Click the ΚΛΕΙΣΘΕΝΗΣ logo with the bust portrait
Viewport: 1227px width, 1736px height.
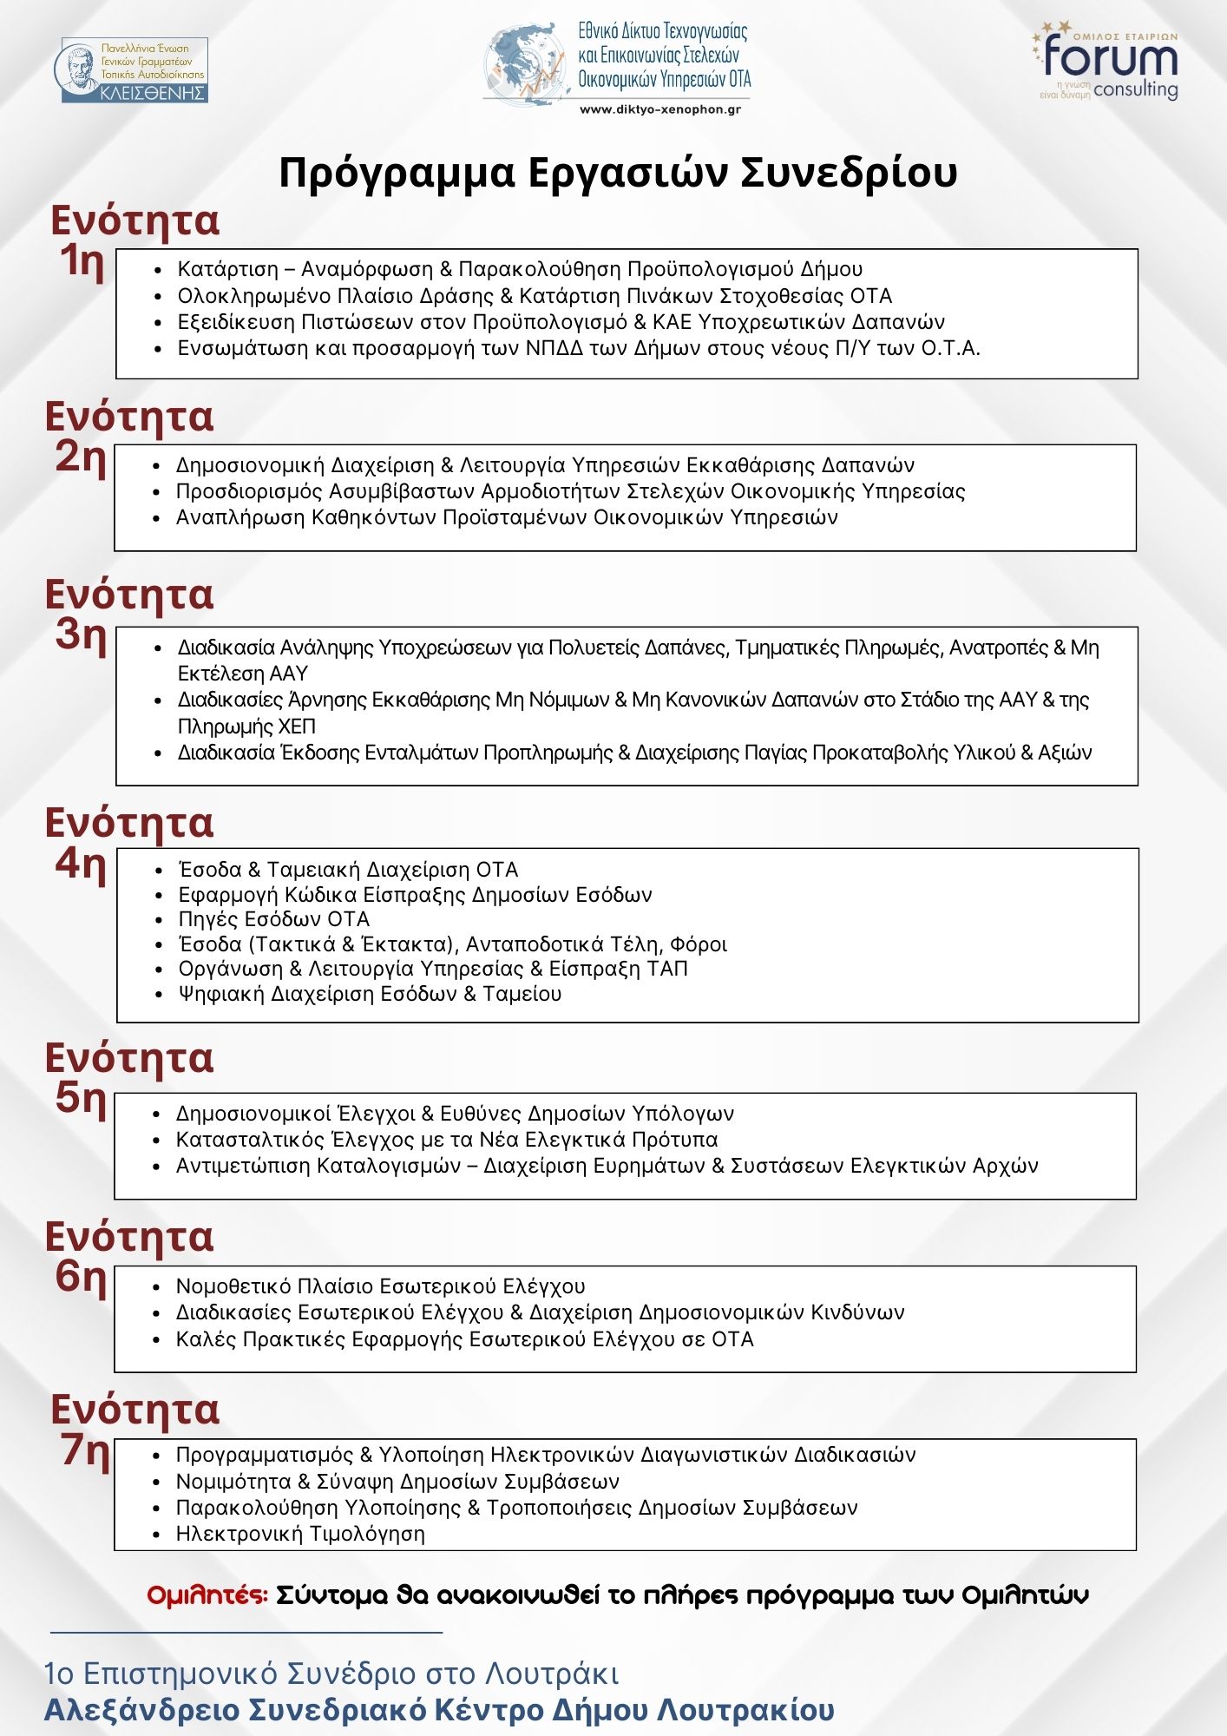click(x=135, y=70)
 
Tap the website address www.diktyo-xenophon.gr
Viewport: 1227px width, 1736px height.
click(x=659, y=109)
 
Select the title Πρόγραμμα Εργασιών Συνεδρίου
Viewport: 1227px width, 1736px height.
click(x=618, y=172)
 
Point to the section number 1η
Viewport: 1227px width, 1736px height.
click(x=82, y=260)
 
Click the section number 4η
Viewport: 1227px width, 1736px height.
click(x=81, y=863)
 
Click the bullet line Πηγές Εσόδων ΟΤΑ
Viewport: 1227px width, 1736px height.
click(x=274, y=919)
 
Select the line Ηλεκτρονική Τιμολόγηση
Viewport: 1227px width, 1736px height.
click(x=300, y=1534)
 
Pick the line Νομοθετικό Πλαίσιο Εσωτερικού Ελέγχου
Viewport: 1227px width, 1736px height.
click(x=380, y=1286)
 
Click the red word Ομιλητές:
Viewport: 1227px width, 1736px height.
click(x=207, y=1595)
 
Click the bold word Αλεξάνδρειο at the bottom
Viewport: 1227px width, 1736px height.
click(x=142, y=1710)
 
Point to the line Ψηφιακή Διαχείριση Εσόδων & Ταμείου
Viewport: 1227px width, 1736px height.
click(x=370, y=994)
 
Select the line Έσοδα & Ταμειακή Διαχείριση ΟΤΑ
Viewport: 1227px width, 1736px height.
click(x=348, y=870)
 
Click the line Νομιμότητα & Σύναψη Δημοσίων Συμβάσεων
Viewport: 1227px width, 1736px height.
click(x=397, y=1481)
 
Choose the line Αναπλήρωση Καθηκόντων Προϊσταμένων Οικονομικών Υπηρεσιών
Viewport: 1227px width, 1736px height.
click(x=507, y=517)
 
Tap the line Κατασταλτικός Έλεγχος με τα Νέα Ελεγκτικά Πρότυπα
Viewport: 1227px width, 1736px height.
click(x=447, y=1139)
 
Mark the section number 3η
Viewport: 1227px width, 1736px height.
click(x=81, y=634)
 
